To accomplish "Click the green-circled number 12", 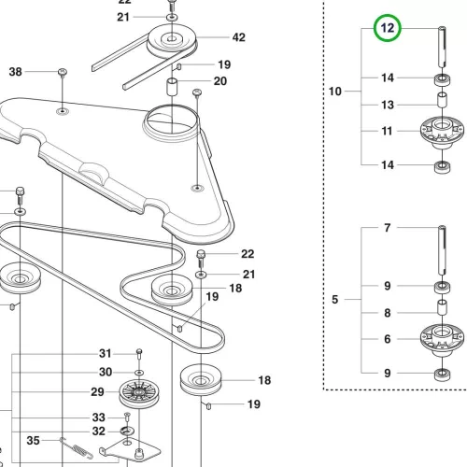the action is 388,28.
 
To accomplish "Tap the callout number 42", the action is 239,37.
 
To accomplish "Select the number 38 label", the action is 16,72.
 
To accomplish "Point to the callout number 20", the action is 220,81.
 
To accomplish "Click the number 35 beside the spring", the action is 33,441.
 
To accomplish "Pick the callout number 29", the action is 97,391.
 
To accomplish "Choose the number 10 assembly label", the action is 335,92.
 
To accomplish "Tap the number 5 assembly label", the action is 334,300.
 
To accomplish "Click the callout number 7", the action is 387,228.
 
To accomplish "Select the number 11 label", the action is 387,131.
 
